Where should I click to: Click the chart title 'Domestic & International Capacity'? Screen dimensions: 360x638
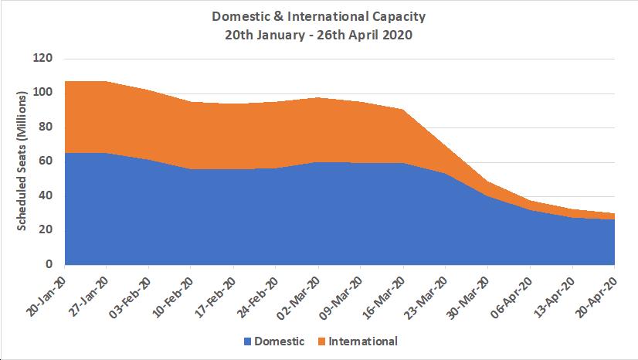pyautogui.click(x=318, y=15)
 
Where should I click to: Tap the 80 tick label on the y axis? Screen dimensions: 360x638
pyautogui.click(x=46, y=127)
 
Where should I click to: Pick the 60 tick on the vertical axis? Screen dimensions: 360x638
pyautogui.click(x=46, y=161)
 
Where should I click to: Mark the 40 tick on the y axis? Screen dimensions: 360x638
pyautogui.click(x=46, y=195)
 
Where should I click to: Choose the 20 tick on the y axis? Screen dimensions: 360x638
pyautogui.click(x=46, y=229)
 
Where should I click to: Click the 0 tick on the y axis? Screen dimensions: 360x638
pyautogui.click(x=49, y=264)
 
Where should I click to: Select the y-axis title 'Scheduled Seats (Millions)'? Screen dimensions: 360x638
pyautogui.click(x=22, y=161)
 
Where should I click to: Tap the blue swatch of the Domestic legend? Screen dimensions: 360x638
pyautogui.click(x=249, y=341)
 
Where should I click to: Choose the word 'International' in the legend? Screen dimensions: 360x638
pyautogui.click(x=363, y=341)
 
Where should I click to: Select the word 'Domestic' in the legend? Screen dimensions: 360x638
pyautogui.click(x=280, y=341)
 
